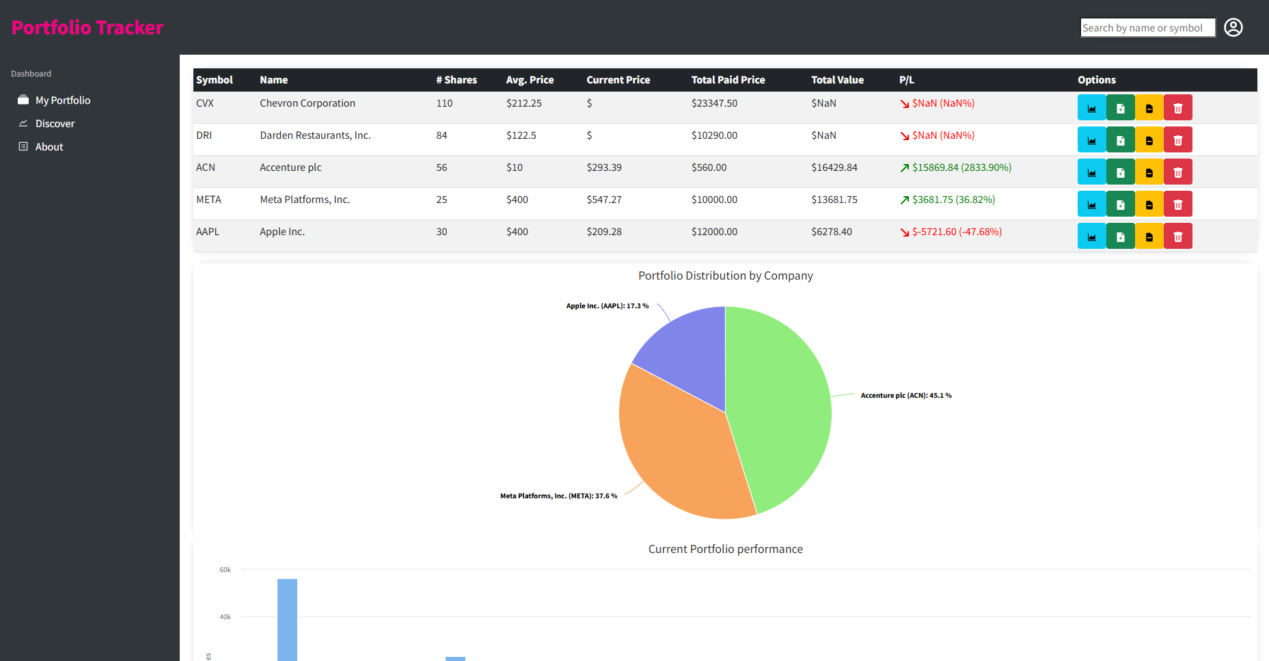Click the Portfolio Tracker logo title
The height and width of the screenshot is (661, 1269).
tap(87, 27)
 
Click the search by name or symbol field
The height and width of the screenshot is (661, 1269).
tap(1147, 27)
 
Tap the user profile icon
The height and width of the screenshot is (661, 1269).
tap(1233, 27)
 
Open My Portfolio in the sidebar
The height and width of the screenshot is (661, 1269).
tap(63, 100)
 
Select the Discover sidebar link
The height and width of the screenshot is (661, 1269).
tap(55, 124)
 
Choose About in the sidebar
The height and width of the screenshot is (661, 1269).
tap(49, 147)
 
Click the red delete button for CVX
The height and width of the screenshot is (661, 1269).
tap(1178, 107)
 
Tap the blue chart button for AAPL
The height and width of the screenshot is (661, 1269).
tap(1092, 236)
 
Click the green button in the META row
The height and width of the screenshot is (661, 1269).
tap(1121, 204)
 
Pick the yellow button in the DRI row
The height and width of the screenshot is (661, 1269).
tap(1149, 139)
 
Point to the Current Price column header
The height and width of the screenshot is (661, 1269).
tap(618, 80)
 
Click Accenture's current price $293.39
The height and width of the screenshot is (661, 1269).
tap(604, 167)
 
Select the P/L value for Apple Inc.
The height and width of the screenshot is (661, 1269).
tap(957, 232)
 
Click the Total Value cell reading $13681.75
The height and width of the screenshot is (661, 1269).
tap(834, 200)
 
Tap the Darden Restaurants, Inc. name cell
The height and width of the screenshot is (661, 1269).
tap(315, 135)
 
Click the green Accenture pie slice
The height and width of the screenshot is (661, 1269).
tap(779, 403)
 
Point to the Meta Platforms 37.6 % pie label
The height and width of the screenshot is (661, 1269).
tap(558, 496)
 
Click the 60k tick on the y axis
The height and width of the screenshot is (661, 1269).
tap(225, 569)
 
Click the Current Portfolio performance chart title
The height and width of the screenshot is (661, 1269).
tap(726, 549)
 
